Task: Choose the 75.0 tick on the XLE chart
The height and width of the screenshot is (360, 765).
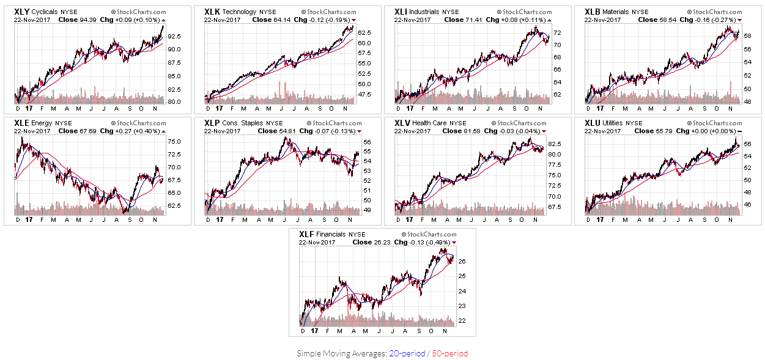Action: (174, 141)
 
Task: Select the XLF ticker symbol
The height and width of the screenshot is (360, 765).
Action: (306, 234)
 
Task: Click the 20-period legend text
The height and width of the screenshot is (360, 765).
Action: (407, 353)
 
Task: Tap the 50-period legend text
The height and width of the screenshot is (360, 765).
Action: (449, 353)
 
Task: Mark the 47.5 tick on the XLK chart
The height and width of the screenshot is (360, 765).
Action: (364, 94)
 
